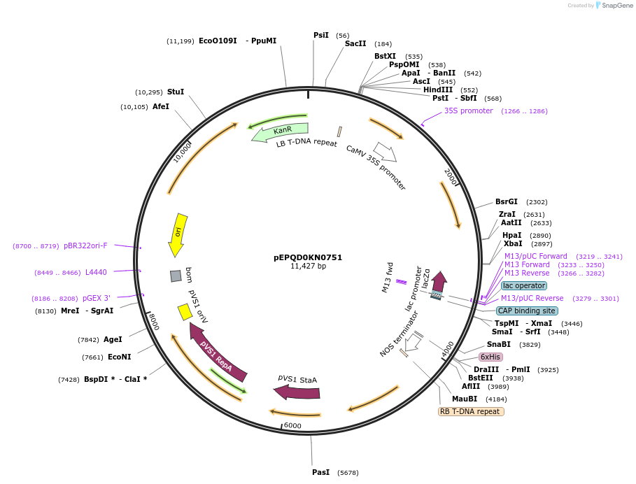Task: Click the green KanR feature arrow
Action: click(x=281, y=131)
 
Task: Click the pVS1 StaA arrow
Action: click(x=297, y=390)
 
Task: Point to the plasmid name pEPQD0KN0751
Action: click(x=308, y=257)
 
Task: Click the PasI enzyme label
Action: click(x=320, y=472)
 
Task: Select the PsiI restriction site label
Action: click(x=321, y=35)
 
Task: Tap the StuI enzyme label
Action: click(x=176, y=92)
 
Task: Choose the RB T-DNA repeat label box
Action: click(x=471, y=411)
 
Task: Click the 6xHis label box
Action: click(x=490, y=357)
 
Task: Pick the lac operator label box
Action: click(x=524, y=285)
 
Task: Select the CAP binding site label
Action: click(x=527, y=311)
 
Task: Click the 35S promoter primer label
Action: click(x=469, y=111)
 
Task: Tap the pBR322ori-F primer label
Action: click(x=85, y=245)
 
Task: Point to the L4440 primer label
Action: click(x=96, y=272)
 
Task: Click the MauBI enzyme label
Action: click(x=465, y=399)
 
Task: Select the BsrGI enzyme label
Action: click(x=507, y=201)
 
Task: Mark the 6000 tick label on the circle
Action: click(x=292, y=425)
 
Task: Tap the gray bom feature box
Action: click(x=176, y=276)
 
